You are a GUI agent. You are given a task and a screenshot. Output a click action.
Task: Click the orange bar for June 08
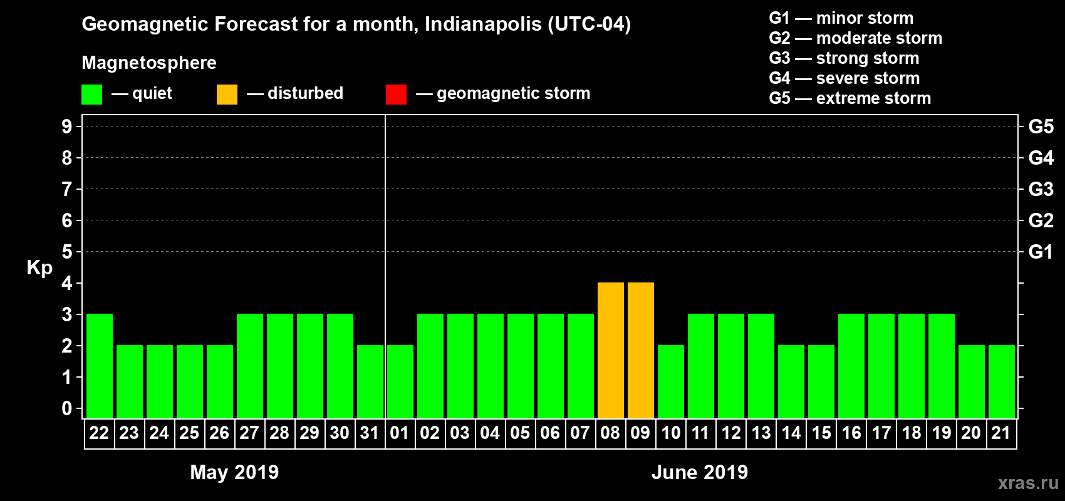coord(611,351)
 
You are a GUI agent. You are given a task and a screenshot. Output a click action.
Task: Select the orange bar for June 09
coord(641,351)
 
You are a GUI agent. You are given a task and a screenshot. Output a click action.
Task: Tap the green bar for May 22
coord(100,366)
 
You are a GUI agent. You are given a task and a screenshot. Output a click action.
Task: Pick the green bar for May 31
coord(370,382)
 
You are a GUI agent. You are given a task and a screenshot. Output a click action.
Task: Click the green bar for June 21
coord(1002,382)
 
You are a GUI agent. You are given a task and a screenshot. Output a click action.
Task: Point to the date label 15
coord(821,433)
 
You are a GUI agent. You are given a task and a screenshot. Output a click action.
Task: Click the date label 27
coord(249,433)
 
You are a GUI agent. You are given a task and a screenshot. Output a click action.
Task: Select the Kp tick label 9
coord(67,127)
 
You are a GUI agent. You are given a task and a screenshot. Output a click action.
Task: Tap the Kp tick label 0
coord(67,408)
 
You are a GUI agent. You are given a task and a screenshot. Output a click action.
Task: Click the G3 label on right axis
coord(1041,189)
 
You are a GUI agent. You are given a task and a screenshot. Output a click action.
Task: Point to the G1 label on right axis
coord(1041,252)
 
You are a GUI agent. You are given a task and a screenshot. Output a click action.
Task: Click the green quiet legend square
coord(92,95)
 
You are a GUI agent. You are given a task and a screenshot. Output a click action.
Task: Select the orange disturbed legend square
coord(227,95)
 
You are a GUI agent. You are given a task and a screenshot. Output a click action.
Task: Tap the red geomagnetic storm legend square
coord(396,95)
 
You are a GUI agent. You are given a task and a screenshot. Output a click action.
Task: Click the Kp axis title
coord(39,267)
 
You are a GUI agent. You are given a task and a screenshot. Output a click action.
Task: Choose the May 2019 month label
coord(234,472)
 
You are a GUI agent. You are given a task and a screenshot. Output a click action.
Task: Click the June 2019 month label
coord(700,472)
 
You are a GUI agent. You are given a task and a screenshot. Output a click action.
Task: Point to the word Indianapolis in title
coord(483,24)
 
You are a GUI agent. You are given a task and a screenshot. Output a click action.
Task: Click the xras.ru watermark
coord(1027,483)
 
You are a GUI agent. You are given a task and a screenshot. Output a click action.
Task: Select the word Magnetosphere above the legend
coord(149,63)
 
